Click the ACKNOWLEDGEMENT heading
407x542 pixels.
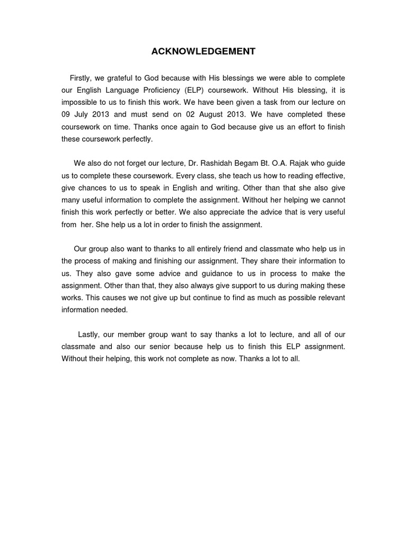coord(203,51)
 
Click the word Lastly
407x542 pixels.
coord(90,335)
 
